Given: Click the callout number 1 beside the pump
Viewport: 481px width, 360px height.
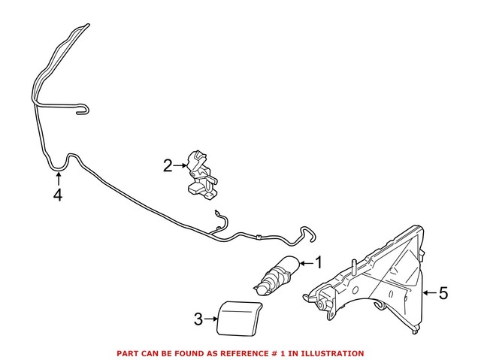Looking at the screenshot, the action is click(x=318, y=262).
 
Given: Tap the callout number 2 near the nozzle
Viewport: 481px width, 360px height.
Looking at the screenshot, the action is click(x=168, y=164).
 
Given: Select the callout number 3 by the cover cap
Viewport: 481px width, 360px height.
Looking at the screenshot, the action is click(x=198, y=319).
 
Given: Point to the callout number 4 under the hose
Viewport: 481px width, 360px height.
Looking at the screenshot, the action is click(x=57, y=196).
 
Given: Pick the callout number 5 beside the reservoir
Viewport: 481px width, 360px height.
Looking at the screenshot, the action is click(x=443, y=293).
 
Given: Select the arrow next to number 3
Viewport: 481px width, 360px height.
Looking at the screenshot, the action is click(x=211, y=319).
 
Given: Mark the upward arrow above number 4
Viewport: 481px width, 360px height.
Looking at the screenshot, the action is click(x=58, y=179).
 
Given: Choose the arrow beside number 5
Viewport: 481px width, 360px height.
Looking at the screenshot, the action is click(x=428, y=293).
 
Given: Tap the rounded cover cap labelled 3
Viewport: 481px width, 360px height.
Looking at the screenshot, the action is click(x=237, y=316).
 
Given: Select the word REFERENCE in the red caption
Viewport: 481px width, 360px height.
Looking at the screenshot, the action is click(x=245, y=353).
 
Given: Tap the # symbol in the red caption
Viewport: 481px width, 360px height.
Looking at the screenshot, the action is click(x=275, y=353).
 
